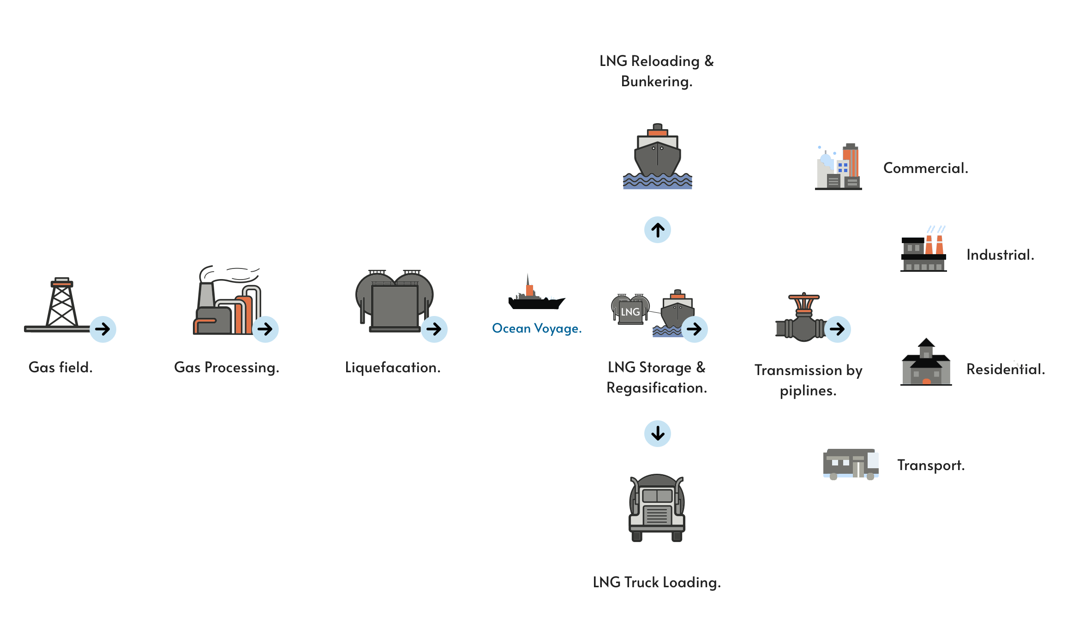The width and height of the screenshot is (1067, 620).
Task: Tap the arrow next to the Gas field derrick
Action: coord(102,329)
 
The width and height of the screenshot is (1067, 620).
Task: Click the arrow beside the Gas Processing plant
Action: coord(265,329)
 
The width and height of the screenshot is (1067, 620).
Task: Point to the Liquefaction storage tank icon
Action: coord(394,301)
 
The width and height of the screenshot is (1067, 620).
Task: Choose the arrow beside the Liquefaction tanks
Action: coord(434,329)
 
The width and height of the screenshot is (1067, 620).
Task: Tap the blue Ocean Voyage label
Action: coord(537,328)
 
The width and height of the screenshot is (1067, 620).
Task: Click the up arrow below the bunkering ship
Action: coord(658,230)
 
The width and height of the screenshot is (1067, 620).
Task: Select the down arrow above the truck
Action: coord(658,434)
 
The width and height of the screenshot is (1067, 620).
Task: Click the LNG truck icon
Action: coord(657,507)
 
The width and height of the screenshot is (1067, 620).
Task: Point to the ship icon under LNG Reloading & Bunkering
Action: coord(658,156)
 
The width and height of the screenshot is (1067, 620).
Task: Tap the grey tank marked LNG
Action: coord(630,309)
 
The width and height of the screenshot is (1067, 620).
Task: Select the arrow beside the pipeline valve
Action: coord(837,329)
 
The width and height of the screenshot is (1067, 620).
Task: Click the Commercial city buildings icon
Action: coord(838,167)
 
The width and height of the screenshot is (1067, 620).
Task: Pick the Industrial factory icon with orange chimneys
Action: coord(923,249)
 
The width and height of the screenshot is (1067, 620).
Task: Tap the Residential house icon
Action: coord(926,362)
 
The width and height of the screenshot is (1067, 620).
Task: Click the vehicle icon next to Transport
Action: coord(851,464)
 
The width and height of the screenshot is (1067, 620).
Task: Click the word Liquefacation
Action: coord(393,368)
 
